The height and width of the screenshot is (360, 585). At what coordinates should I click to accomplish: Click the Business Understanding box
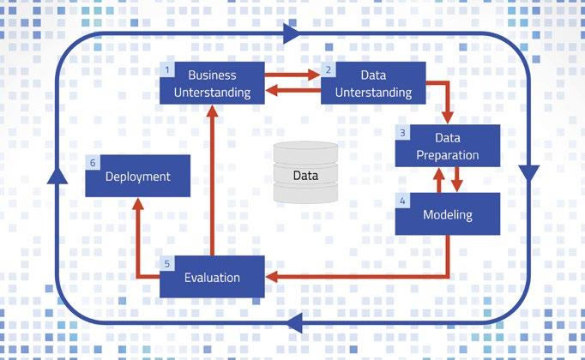coord(212,83)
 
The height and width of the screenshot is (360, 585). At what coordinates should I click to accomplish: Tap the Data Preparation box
coord(448,147)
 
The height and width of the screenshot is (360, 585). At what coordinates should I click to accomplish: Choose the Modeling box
coord(448,214)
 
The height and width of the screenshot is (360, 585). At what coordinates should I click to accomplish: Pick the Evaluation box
coord(212,277)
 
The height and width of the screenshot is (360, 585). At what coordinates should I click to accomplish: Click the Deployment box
coord(138,177)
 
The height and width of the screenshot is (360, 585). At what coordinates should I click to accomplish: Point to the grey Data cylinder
coord(305,173)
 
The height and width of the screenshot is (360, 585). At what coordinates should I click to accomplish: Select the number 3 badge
coord(401,132)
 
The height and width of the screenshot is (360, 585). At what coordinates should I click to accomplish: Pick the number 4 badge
coord(401,200)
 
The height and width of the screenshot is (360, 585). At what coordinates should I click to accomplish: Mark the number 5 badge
coord(167,262)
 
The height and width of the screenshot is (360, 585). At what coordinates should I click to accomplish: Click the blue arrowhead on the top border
coord(292,33)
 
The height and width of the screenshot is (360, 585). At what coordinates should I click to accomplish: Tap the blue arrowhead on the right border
coord(529,171)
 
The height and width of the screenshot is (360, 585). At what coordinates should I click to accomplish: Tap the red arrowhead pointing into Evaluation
coord(271,277)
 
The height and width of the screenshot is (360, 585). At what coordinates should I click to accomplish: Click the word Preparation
coord(448,155)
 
